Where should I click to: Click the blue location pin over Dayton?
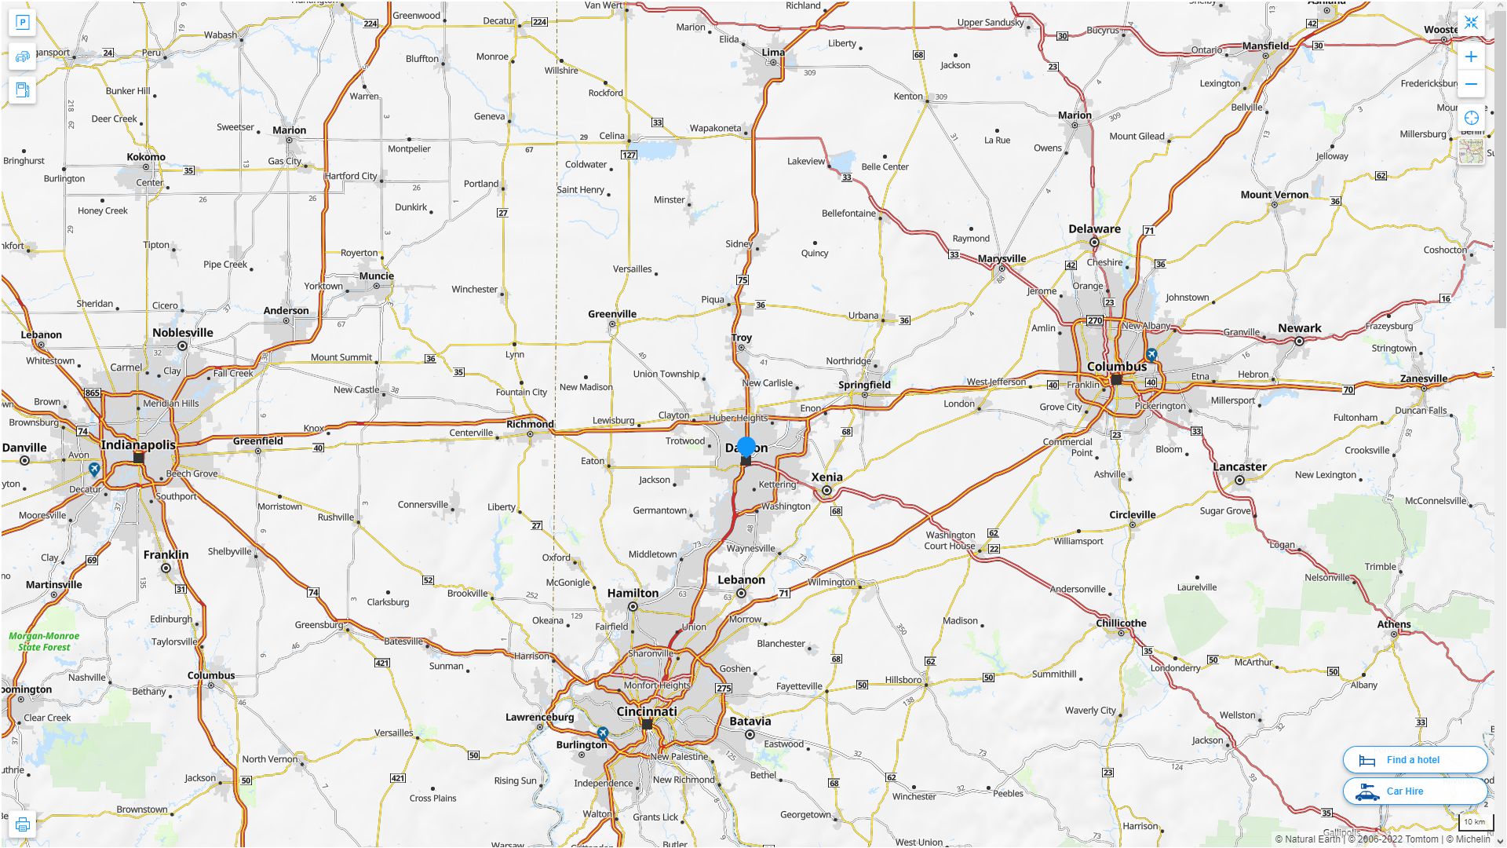(746, 447)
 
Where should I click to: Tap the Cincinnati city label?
(647, 711)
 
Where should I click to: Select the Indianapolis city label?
(138, 444)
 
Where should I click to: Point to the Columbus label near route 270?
(1116, 367)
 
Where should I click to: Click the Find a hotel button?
(1414, 760)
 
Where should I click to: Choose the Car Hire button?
(1414, 791)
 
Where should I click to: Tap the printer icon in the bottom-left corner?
(23, 824)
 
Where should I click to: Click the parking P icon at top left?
(23, 23)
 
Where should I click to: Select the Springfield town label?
(864, 385)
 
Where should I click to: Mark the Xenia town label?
(826, 477)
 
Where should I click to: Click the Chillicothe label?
(1121, 623)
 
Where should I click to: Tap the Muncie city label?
(376, 276)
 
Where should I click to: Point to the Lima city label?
(773, 53)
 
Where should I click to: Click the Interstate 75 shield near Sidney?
(743, 280)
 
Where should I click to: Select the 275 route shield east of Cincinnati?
(723, 689)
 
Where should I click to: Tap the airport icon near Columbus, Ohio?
(1151, 354)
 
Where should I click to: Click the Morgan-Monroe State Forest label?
(44, 641)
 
